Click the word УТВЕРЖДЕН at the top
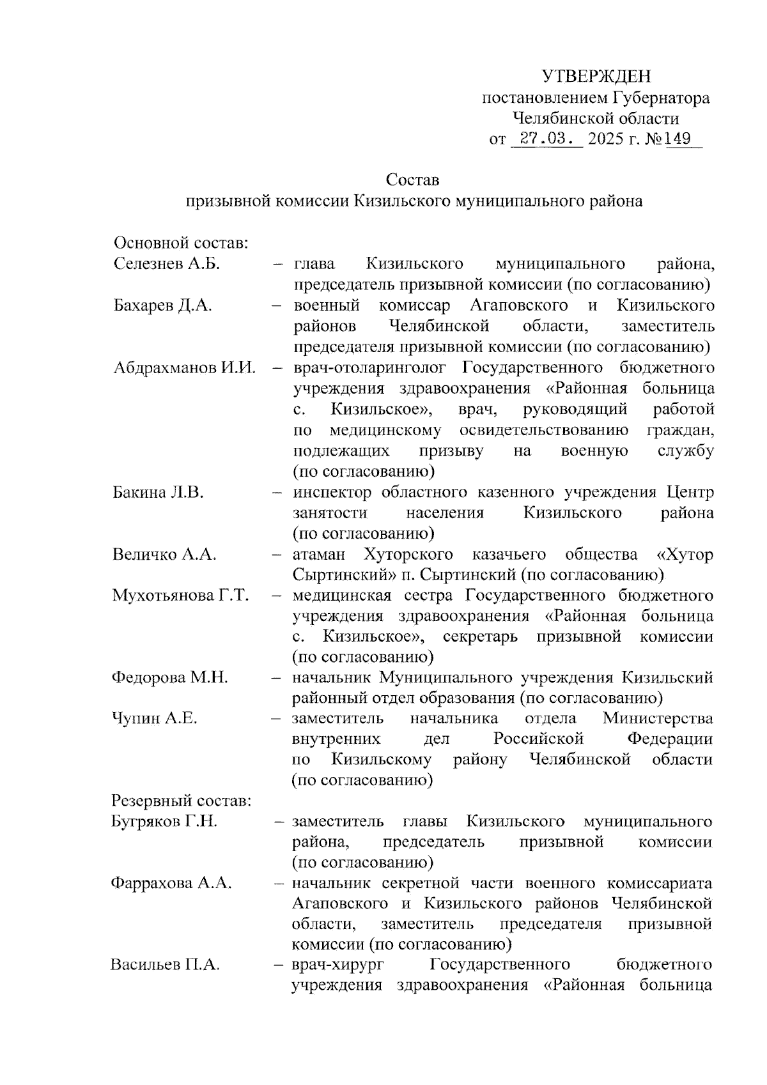coord(596,77)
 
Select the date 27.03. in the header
coord(547,139)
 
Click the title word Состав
coord(413,180)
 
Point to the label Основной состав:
coord(180,243)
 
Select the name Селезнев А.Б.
coord(167,264)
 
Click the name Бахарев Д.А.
coord(162,305)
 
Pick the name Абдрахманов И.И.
coord(184,368)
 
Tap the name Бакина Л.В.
coord(158,493)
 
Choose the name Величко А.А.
coord(164,555)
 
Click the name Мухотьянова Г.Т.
coord(180,596)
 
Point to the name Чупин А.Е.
coord(154,719)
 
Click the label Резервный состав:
coord(182,801)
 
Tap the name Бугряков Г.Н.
coord(164,822)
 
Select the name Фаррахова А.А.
coord(171,884)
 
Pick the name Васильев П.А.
coord(165,966)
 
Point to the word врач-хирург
coord(337,966)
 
